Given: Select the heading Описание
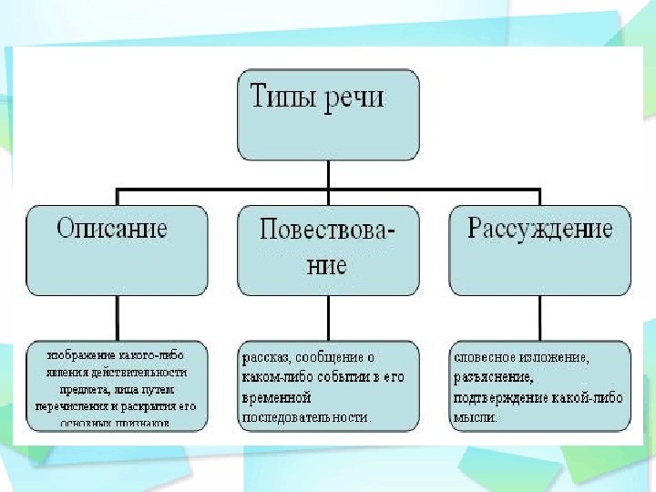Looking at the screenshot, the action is click(112, 228).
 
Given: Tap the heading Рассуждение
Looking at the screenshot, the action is click(539, 228).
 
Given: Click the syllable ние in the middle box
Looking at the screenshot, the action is click(327, 265).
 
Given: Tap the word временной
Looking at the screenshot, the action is click(277, 398).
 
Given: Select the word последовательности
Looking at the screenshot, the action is click(305, 416).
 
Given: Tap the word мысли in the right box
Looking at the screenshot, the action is click(475, 417).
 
